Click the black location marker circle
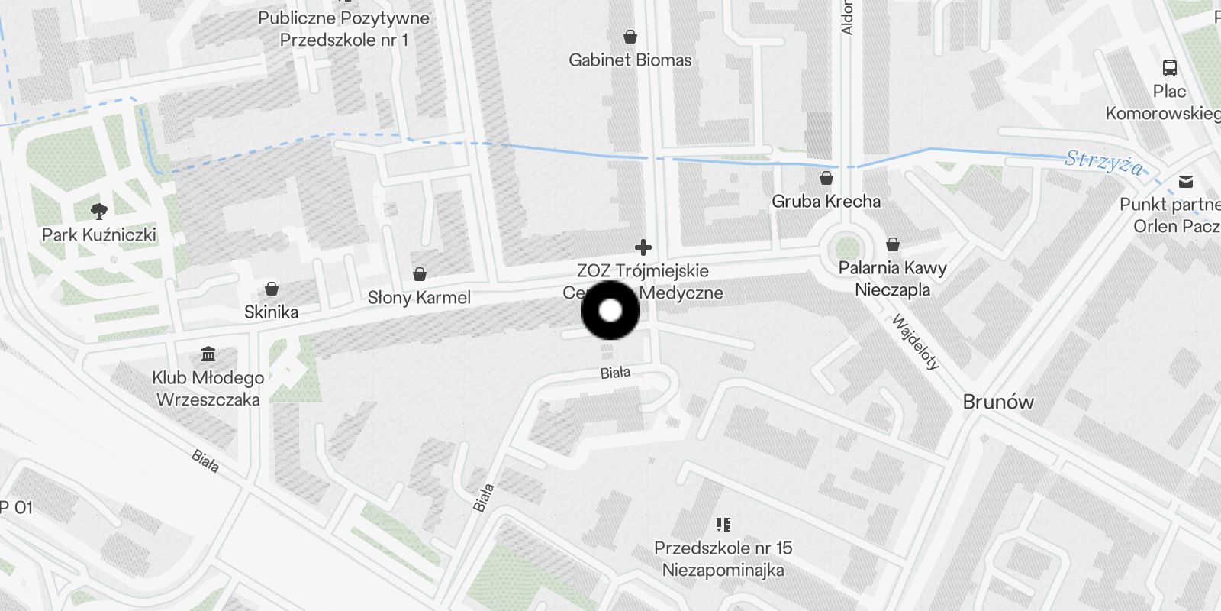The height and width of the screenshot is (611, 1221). point(610,311)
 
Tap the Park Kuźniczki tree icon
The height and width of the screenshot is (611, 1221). point(98,211)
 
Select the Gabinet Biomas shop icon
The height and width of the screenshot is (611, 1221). point(630,37)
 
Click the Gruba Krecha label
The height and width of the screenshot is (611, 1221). point(826,202)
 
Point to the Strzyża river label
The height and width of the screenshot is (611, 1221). point(1104,162)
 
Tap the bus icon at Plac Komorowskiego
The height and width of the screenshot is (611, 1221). point(1169,68)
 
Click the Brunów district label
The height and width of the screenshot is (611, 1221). point(998,402)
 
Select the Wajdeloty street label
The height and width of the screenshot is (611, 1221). point(915,342)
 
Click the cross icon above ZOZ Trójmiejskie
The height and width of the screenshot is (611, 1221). point(643,247)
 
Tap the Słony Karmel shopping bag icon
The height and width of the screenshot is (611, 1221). point(419,274)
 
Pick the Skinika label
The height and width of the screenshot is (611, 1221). point(271,312)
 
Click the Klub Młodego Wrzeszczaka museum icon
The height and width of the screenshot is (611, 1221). point(208,354)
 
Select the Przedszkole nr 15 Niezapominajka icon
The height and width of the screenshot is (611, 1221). point(723,525)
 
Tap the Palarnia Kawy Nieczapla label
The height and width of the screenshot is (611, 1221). point(892,279)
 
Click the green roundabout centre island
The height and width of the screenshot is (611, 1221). point(846,248)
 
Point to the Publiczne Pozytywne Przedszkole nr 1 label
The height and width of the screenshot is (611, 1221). point(343,29)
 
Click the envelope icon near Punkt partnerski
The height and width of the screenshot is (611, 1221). point(1186,182)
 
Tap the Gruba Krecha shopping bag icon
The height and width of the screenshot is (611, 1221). point(826,179)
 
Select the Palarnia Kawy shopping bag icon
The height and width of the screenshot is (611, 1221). point(892,245)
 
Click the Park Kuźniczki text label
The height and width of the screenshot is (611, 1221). point(99,234)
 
